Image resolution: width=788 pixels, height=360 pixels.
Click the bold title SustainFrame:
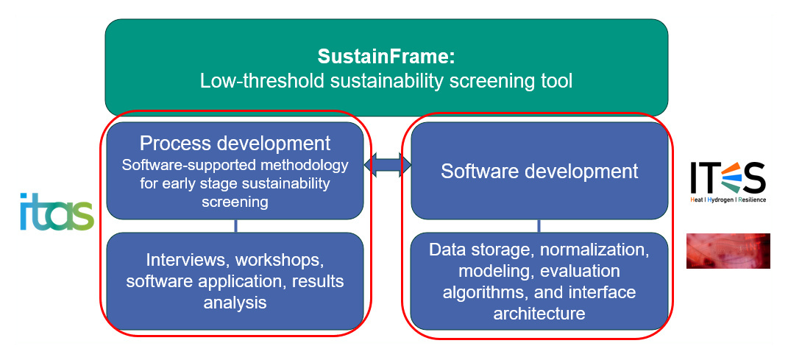tap(386, 56)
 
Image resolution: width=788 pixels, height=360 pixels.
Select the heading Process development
tap(235, 143)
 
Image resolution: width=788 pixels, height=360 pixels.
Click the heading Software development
tap(539, 171)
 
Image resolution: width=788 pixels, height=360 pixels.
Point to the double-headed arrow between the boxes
tap(387, 164)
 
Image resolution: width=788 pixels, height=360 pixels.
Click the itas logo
tap(57, 211)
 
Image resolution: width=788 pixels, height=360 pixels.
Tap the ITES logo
tap(727, 180)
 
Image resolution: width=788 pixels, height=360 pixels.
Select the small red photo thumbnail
tap(728, 251)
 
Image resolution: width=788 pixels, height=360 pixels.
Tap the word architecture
tap(539, 313)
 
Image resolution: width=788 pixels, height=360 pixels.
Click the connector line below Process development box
tap(235, 226)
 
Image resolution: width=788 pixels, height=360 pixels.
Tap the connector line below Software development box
tap(539, 226)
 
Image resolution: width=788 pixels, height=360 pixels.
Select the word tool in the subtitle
tap(557, 81)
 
